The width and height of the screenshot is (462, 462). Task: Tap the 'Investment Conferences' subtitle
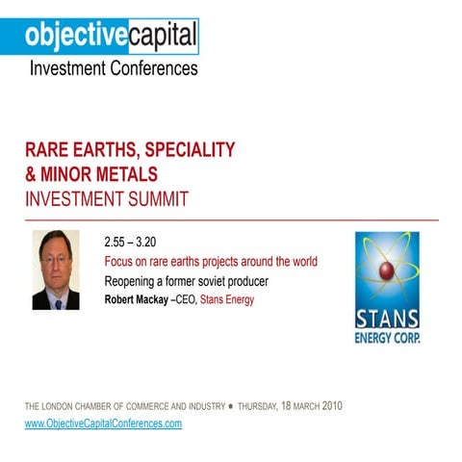113,68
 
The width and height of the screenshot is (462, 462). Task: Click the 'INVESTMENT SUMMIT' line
106,199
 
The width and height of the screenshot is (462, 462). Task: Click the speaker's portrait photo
56,269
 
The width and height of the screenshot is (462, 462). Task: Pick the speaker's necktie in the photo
58,302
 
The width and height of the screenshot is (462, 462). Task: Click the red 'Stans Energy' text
228,299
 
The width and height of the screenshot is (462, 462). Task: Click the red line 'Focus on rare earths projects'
211,262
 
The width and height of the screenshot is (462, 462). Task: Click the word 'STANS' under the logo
387,319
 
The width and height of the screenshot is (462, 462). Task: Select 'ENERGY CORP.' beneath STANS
387,338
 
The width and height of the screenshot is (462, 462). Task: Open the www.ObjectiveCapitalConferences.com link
103,423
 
